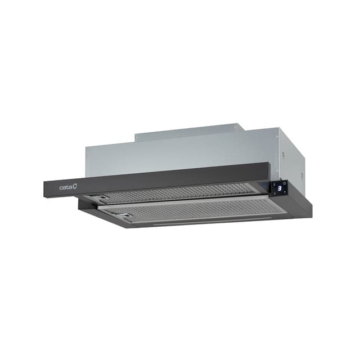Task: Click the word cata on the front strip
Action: click(65, 187)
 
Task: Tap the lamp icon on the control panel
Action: click(274, 184)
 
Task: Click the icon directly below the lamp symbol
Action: click(274, 193)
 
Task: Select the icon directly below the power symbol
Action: click(285, 192)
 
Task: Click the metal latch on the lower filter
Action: click(127, 215)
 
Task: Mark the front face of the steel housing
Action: click(180, 152)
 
